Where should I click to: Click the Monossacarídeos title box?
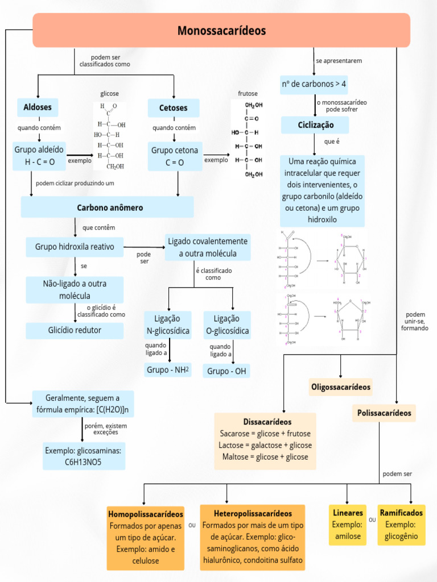221,31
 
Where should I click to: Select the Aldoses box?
38,107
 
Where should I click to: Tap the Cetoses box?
174,108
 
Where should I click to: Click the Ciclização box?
315,125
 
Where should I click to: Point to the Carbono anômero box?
107,207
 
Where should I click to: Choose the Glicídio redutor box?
75,330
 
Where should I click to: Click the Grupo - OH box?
226,371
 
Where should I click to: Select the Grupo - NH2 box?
168,370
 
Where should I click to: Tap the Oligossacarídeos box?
340,387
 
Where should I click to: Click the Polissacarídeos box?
384,413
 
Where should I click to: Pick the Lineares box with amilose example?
348,525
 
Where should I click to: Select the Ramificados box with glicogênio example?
401,525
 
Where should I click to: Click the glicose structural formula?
109,135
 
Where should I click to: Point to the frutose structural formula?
247,139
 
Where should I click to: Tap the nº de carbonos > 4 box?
314,85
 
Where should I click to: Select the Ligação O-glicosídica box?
226,325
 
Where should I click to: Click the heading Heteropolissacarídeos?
253,513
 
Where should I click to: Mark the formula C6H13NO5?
83,462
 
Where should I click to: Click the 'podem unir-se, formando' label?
415,322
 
